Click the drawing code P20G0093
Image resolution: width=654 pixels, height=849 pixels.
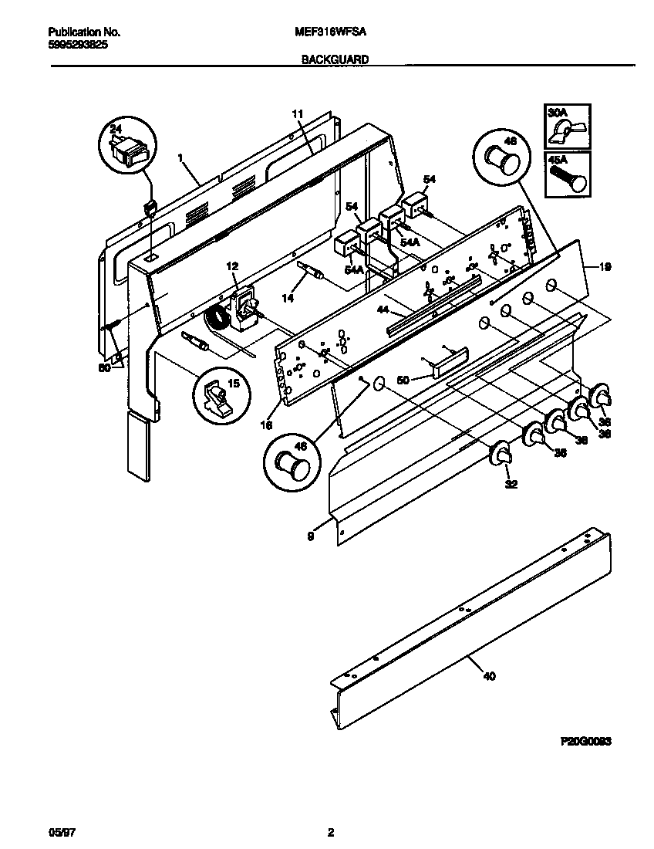[585, 739]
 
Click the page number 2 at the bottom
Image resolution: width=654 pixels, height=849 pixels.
[330, 832]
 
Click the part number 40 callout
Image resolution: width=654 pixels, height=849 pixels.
[489, 676]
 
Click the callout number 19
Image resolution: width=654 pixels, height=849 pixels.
[605, 267]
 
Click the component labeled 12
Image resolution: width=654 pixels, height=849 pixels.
[246, 305]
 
